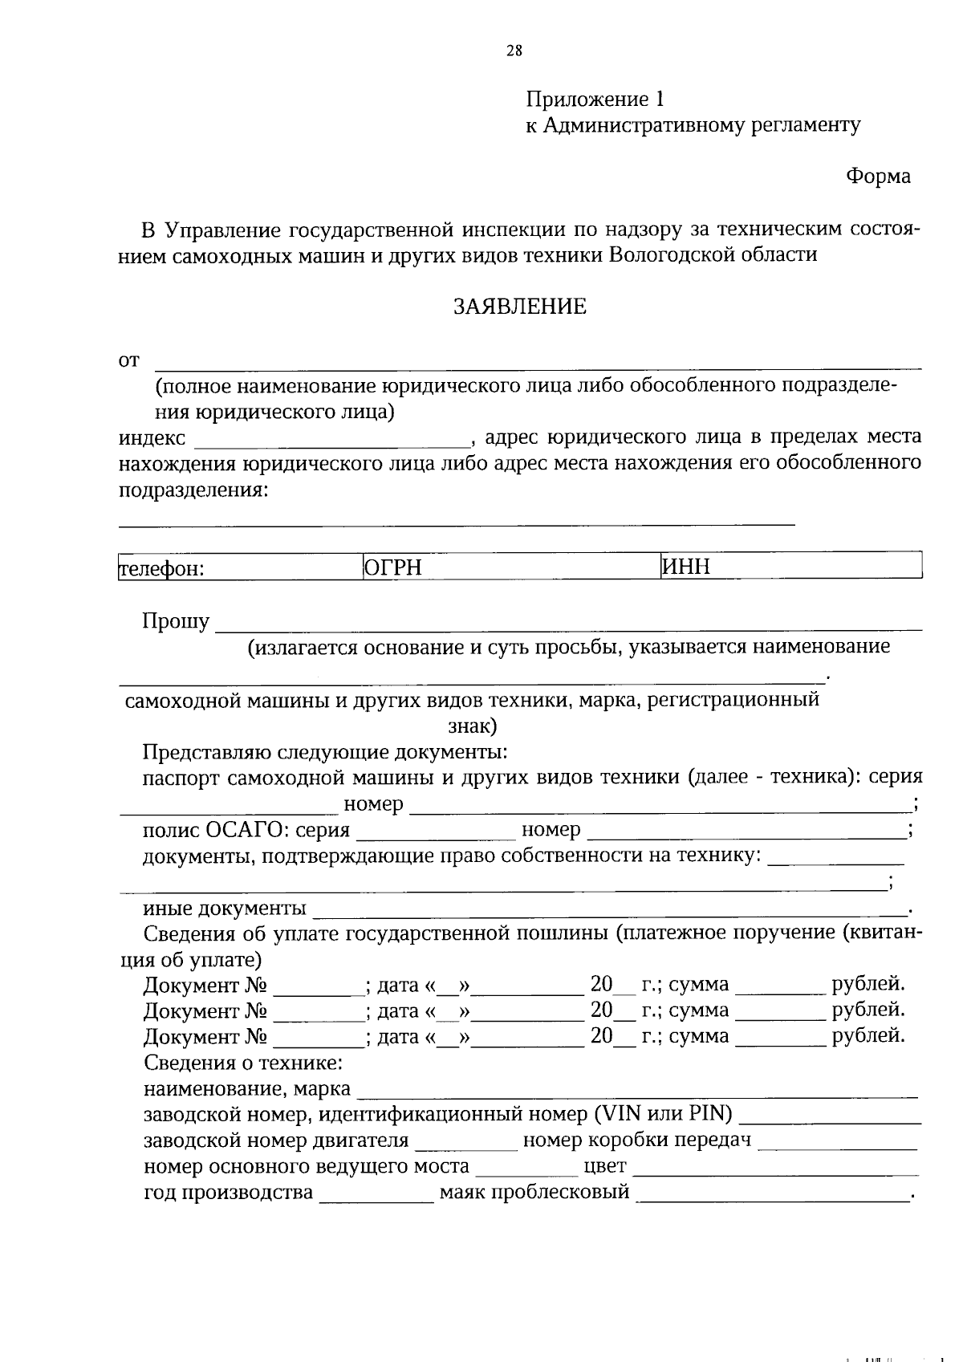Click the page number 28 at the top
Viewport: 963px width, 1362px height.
click(x=514, y=51)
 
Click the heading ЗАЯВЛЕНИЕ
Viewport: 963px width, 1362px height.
click(x=520, y=307)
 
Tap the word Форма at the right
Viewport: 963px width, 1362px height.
click(x=878, y=177)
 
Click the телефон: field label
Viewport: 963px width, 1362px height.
click(x=162, y=570)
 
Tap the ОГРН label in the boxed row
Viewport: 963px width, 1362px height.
click(x=392, y=569)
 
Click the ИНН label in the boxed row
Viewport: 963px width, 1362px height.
click(x=686, y=568)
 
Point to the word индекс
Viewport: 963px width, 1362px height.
click(x=152, y=438)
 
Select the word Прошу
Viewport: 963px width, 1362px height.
click(x=176, y=621)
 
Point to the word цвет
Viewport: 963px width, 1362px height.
click(x=605, y=1165)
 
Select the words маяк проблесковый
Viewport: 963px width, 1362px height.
click(x=534, y=1192)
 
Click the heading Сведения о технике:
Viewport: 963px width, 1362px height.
click(x=243, y=1063)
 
